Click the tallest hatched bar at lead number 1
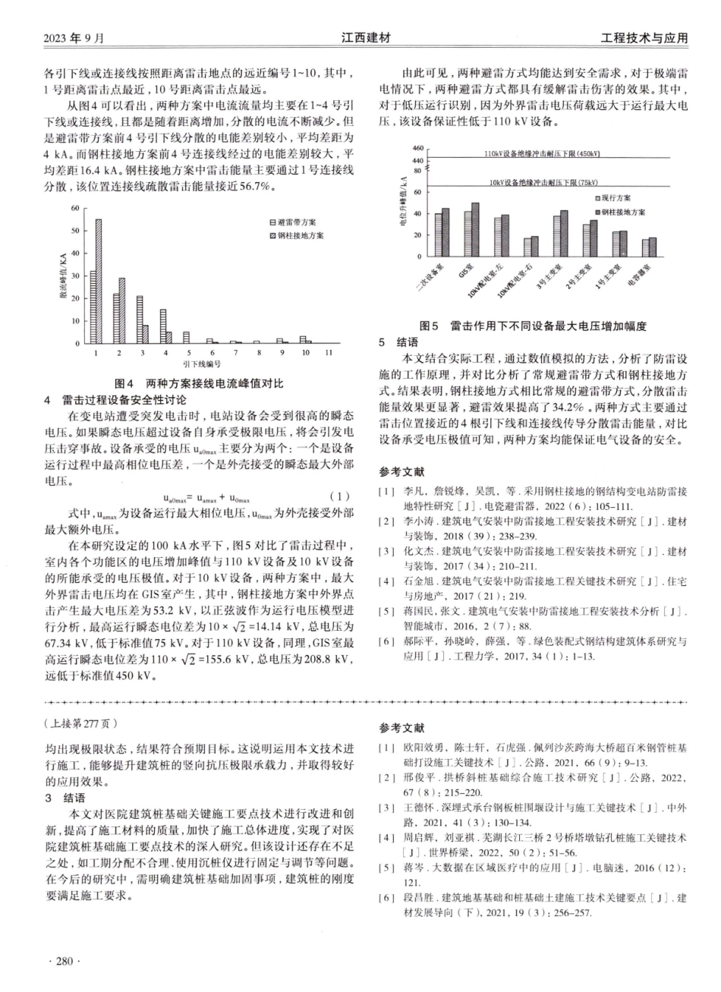(99, 281)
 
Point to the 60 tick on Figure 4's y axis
(74, 208)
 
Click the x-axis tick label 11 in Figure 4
(328, 354)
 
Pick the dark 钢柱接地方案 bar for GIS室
(476, 228)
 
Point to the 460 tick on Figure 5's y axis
(417, 148)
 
